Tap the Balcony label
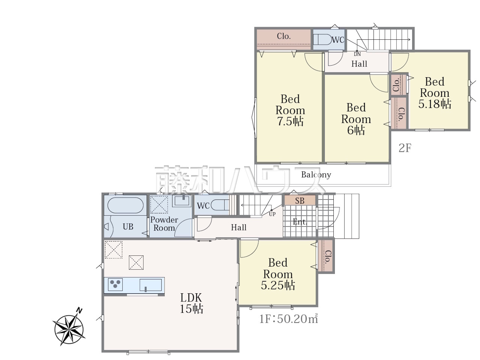pyautogui.click(x=316, y=175)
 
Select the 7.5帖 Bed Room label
pyautogui.click(x=290, y=110)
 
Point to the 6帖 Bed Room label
pyautogui.click(x=356, y=119)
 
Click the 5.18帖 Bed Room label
pyautogui.click(x=435, y=93)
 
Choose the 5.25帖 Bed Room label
pyautogui.click(x=278, y=274)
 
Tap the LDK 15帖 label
pyautogui.click(x=191, y=303)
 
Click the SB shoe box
pyautogui.click(x=300, y=200)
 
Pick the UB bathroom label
pyautogui.click(x=128, y=226)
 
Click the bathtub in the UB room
pyautogui.click(x=125, y=205)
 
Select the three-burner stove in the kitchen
pyautogui.click(x=115, y=284)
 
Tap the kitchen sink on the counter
pyautogui.click(x=151, y=285)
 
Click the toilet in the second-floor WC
pyautogui.click(x=322, y=40)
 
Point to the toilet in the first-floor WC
pyautogui.click(x=220, y=205)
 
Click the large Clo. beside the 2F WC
pyautogui.click(x=283, y=40)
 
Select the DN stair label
pyautogui.click(x=357, y=54)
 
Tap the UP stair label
pyautogui.click(x=272, y=214)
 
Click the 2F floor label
pyautogui.click(x=405, y=148)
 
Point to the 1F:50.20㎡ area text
pyautogui.click(x=288, y=319)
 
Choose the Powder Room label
pyautogui.click(x=164, y=224)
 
